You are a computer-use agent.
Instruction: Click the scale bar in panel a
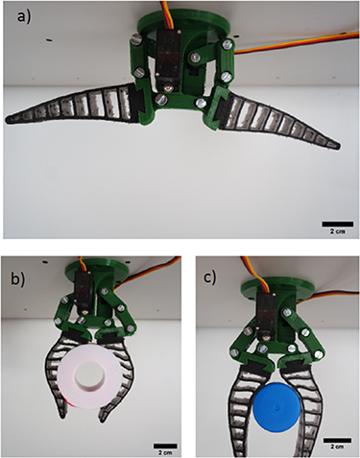point(337,224)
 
